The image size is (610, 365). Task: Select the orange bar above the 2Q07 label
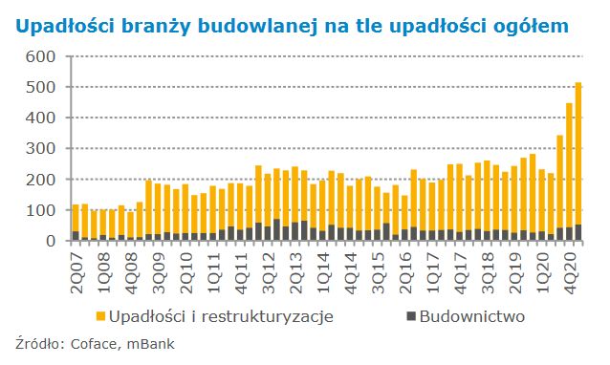[x=76, y=218]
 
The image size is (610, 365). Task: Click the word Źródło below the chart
[x=36, y=344]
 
